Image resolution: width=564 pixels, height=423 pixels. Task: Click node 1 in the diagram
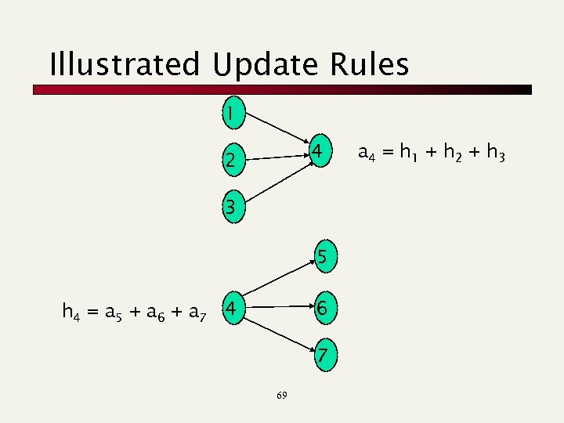pyautogui.click(x=231, y=114)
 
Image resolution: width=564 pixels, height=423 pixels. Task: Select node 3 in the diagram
pyautogui.click(x=231, y=208)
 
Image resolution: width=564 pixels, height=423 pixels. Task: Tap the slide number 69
pyautogui.click(x=283, y=396)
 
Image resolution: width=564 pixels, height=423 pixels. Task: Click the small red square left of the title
pyautogui.click(x=40, y=89)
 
